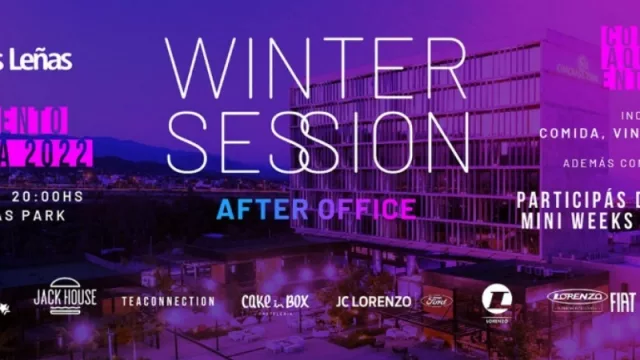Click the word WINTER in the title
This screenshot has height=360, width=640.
pos(316,68)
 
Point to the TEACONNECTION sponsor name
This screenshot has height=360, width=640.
pos(168,300)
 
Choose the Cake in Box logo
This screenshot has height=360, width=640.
pos(274,301)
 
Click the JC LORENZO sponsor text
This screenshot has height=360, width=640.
pos(373,301)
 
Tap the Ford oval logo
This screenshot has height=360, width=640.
pos(436,301)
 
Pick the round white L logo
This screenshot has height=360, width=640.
pos(496,300)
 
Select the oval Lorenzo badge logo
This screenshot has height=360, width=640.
pos(577,298)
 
